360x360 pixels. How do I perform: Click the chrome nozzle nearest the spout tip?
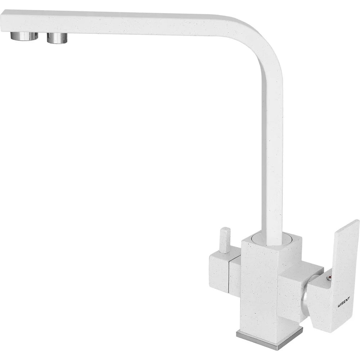click(24, 36)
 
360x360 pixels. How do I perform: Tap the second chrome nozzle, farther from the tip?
click(57, 38)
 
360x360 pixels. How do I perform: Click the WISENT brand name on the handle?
click(343, 302)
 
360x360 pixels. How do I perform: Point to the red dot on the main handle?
click(330, 278)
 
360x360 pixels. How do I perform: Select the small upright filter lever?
click(225, 240)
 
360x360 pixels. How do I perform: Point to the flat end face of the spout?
click(1, 21)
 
